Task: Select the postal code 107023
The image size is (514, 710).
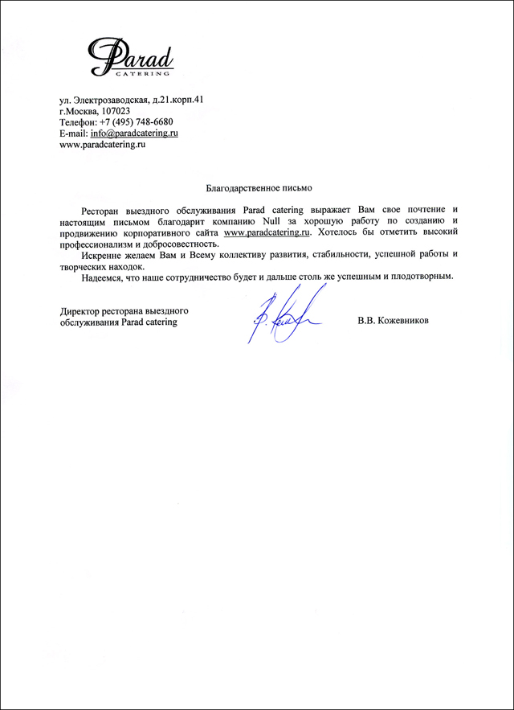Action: coord(122,111)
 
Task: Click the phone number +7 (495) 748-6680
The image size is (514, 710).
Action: coord(142,122)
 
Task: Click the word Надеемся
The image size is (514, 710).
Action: coord(103,277)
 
